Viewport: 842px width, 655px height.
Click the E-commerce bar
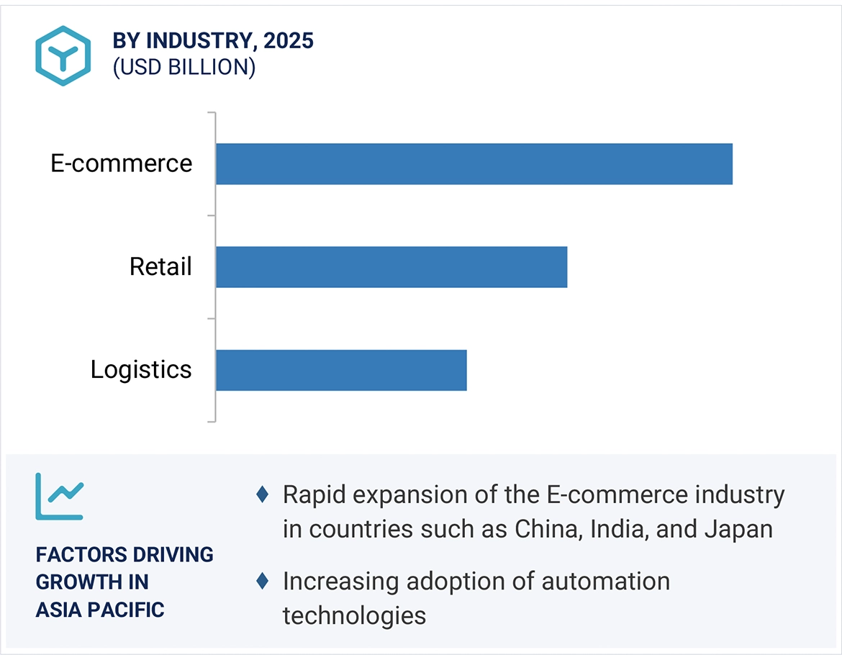(x=474, y=164)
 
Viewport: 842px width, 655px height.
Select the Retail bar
(x=391, y=267)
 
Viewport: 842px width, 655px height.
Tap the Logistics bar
(x=341, y=370)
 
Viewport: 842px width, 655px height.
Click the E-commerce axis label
(x=122, y=163)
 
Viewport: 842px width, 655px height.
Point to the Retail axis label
(x=160, y=267)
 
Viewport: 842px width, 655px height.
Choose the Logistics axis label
(x=141, y=370)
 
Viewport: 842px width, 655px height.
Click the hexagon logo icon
(x=63, y=55)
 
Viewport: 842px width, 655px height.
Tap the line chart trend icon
(x=60, y=496)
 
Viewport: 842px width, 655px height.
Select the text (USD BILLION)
(x=184, y=67)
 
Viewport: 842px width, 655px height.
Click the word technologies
(x=354, y=615)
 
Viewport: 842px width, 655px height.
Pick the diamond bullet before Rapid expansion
(x=263, y=494)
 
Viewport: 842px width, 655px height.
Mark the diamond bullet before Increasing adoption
(x=263, y=581)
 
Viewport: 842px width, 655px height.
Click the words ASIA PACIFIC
(x=100, y=610)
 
